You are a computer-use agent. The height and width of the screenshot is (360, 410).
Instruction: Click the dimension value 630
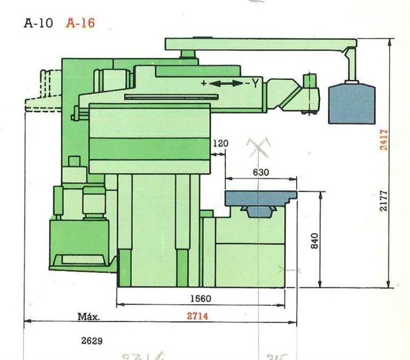(x=261, y=172)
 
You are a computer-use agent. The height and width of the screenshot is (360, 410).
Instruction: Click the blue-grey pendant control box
(x=352, y=103)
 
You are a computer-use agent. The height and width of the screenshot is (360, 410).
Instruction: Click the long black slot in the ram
(x=168, y=96)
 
